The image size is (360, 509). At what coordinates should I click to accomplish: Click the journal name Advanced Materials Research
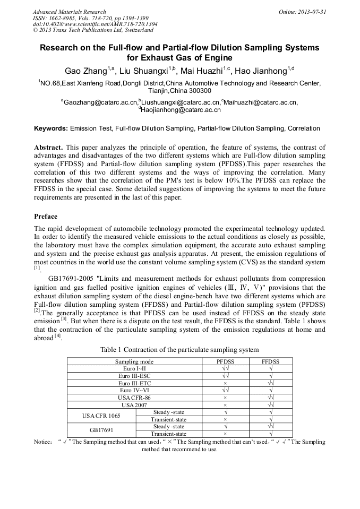click(69, 12)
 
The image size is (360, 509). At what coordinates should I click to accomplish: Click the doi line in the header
click(95, 24)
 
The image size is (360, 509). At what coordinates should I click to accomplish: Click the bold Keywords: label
click(50, 128)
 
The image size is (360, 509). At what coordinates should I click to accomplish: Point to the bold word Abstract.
click(48, 147)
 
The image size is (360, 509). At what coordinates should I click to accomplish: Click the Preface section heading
click(46, 217)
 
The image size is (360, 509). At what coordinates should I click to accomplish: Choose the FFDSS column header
click(270, 361)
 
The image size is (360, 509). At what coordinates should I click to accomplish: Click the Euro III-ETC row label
click(134, 383)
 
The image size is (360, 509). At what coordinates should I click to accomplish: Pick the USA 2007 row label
click(134, 404)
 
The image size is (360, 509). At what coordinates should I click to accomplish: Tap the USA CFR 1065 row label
click(101, 416)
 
